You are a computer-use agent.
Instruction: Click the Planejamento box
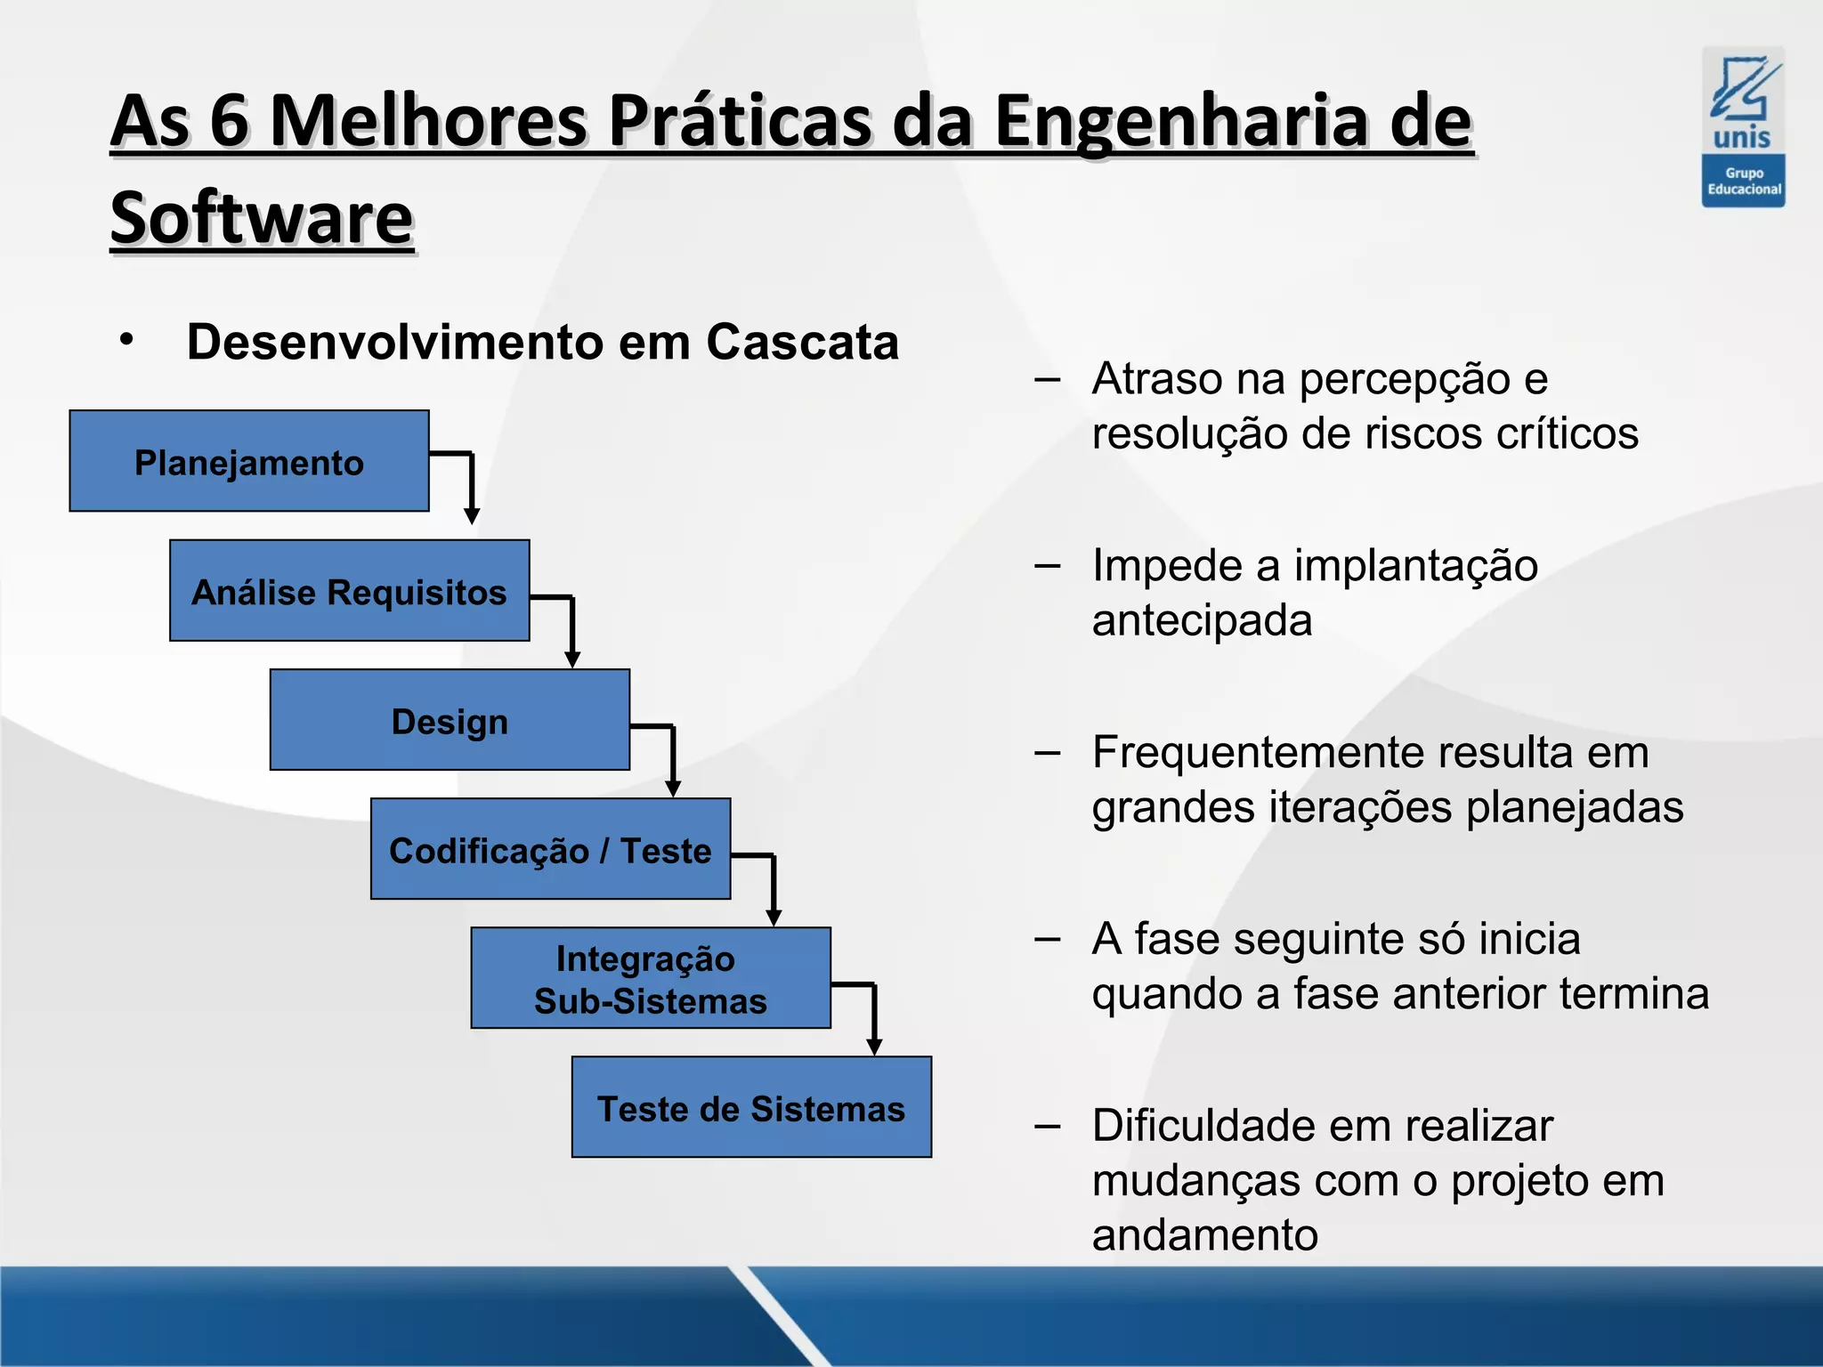[249, 461]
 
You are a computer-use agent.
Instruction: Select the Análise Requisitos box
[349, 591]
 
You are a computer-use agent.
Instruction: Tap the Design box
[450, 720]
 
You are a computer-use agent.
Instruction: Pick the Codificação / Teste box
[550, 849]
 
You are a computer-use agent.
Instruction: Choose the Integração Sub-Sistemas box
[650, 978]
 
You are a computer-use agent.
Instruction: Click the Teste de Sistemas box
[751, 1107]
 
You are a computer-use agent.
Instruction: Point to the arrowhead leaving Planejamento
[472, 516]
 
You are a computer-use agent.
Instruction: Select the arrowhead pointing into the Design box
[572, 659]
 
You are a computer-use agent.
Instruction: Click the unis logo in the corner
[1743, 126]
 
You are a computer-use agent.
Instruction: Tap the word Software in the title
[262, 218]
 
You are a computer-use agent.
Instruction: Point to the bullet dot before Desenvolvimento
[127, 339]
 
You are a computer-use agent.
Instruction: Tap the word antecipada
[1202, 620]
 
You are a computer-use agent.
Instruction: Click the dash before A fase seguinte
[1048, 939]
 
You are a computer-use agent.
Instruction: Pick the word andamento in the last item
[1204, 1235]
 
